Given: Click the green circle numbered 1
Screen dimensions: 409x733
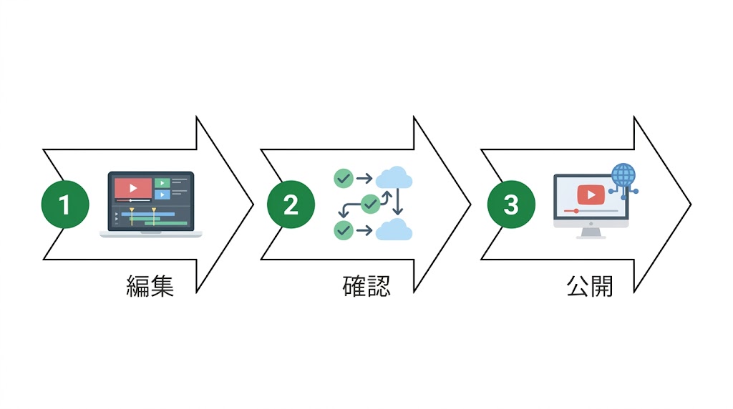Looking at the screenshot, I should click(x=65, y=204).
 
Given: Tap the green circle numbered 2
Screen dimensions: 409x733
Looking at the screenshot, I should click(x=291, y=204).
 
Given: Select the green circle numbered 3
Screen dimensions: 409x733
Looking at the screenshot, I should click(x=510, y=204).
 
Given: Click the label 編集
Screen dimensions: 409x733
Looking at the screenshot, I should click(x=150, y=285).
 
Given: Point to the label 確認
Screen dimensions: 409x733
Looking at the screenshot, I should click(x=366, y=285).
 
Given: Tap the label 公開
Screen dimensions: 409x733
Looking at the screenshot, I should click(x=590, y=285).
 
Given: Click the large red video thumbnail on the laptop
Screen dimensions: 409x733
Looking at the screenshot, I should click(x=133, y=188).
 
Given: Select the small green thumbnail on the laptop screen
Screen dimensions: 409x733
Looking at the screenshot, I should click(x=162, y=183).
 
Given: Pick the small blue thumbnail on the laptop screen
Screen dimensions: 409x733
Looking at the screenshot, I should click(x=162, y=194).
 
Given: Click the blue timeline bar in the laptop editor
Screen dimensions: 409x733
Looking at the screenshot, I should click(x=147, y=214).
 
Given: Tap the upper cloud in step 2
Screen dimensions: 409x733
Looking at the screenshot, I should click(x=393, y=177).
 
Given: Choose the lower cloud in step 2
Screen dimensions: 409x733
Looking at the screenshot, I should click(x=393, y=230).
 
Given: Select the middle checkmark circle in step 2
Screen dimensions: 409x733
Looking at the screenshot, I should click(x=370, y=204).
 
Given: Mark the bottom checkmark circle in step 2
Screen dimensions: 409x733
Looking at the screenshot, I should click(x=344, y=230).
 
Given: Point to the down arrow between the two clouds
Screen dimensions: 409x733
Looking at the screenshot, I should click(x=399, y=203).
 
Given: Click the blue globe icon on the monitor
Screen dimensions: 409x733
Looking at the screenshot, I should click(x=623, y=174).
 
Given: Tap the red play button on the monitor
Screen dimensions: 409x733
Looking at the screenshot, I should click(x=591, y=194).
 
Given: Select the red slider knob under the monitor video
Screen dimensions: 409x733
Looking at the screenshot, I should click(x=576, y=211).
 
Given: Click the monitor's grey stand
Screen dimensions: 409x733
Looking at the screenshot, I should click(x=591, y=232).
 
